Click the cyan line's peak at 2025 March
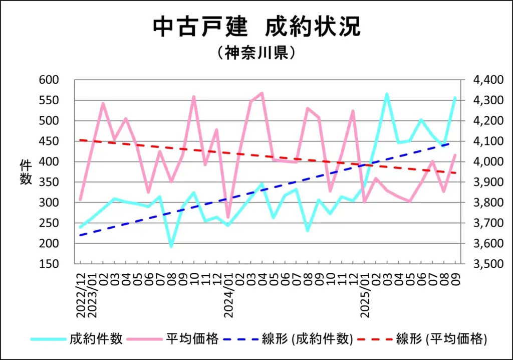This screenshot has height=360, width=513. (x=387, y=94)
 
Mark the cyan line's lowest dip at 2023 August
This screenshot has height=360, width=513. (x=171, y=246)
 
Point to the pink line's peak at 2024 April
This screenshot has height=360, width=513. (x=262, y=93)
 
